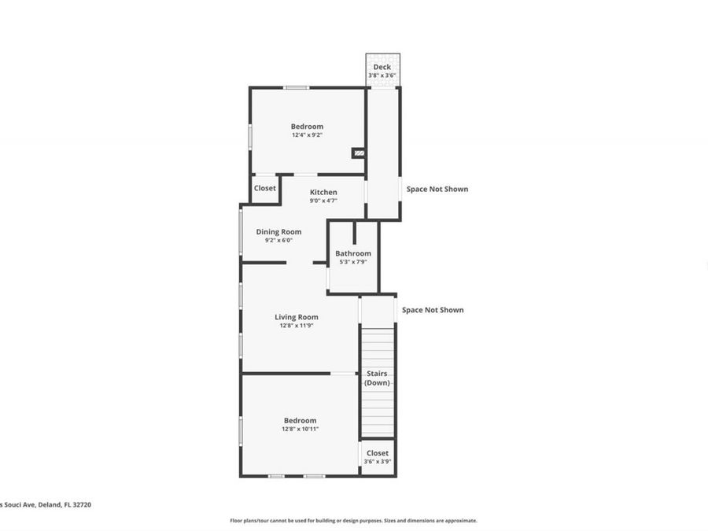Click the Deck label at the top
coord(382,67)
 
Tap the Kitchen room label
coord(323,192)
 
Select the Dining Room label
coord(279,231)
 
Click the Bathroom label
coord(353,253)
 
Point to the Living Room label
coord(297,317)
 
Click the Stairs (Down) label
coord(377,378)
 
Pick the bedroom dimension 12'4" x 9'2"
coord(307,135)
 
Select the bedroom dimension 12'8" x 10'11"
coord(300,430)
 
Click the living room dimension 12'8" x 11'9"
coord(297,326)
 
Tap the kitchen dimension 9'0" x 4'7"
coord(323,201)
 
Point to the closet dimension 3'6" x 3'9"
coord(378,462)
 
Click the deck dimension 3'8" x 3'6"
coord(382,76)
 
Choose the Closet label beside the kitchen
coord(265,189)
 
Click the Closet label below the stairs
coord(378,453)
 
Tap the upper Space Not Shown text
coord(437,189)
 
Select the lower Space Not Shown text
coord(433,310)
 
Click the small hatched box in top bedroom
coord(359,153)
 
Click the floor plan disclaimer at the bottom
coord(353,520)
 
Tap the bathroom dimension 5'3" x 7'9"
coord(353,262)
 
